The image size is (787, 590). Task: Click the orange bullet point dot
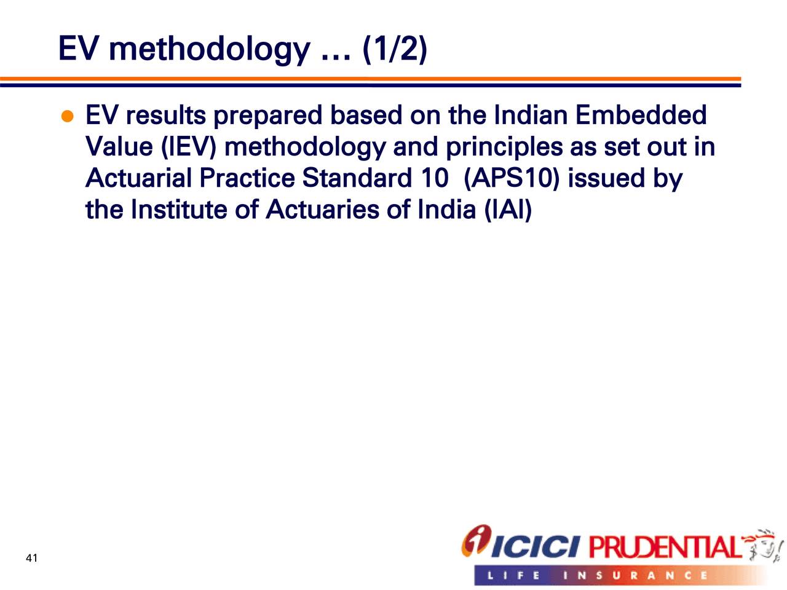[x=68, y=116]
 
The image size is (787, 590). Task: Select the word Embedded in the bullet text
[x=641, y=115]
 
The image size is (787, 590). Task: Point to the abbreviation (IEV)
[x=189, y=147]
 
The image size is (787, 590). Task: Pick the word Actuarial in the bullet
[x=138, y=178]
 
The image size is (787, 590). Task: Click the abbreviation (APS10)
[x=512, y=178]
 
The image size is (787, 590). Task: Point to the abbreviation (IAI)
[x=508, y=210]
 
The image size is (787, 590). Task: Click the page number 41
[x=31, y=558]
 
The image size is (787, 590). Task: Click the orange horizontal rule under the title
[x=370, y=79]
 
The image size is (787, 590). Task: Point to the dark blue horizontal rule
[x=370, y=85]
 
